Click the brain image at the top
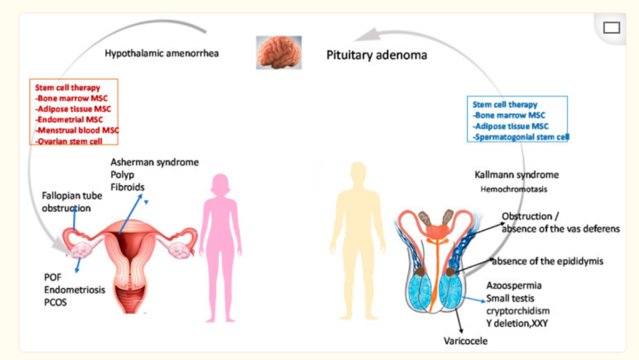279,52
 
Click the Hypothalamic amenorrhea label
162,54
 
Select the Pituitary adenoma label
376,56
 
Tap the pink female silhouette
220,243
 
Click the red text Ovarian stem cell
69,141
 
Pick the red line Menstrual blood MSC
78,130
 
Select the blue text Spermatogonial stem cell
521,137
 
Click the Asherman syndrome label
154,162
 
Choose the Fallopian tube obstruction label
72,202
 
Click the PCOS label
56,303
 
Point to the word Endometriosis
75,290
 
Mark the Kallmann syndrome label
517,175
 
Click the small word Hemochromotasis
514,189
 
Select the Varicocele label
466,340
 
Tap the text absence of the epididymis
547,261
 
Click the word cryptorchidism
518,311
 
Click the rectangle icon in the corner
611,27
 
